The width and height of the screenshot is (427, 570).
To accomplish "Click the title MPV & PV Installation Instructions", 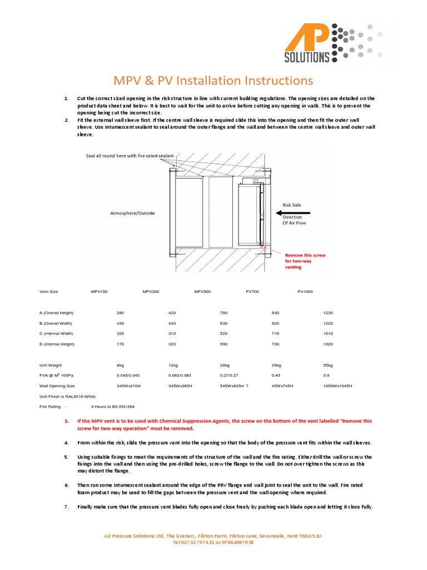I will (x=213, y=80).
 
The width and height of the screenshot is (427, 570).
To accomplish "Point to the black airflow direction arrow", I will (x=291, y=212).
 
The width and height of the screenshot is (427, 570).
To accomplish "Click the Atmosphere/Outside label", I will (x=132, y=213).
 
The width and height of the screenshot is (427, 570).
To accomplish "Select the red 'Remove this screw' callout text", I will (x=305, y=261).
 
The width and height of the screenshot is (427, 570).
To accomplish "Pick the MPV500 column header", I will (x=202, y=292).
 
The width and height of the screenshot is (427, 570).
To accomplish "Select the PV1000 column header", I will (x=305, y=292).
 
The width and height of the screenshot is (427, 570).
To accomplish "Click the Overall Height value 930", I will (x=275, y=313).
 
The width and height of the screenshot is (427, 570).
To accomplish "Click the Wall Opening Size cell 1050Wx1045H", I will (x=337, y=386).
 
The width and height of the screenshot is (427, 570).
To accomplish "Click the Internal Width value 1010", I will (x=328, y=333).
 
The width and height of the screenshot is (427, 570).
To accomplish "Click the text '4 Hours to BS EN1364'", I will (x=112, y=407).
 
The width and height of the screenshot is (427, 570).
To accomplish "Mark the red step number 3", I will (x=66, y=421).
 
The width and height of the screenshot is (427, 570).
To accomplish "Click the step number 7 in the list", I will (x=66, y=507).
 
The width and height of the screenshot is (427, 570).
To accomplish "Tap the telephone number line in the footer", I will (x=213, y=542).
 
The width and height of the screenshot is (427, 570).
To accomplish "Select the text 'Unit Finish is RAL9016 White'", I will (x=68, y=396).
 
